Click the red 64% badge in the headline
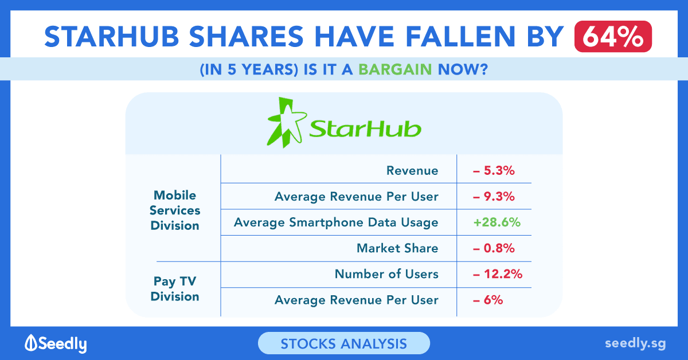click(613, 36)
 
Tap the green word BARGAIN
click(395, 69)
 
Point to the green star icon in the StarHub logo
click(287, 122)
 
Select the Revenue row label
click(412, 170)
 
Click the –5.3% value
click(494, 170)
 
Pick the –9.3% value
click(494, 196)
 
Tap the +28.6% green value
click(497, 222)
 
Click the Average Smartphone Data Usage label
click(336, 222)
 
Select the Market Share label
click(397, 248)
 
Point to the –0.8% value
click(494, 248)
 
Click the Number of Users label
click(386, 274)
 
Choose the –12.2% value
click(498, 274)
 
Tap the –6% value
click(488, 300)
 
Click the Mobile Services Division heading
click(175, 210)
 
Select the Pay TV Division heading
click(175, 289)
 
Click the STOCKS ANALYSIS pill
click(344, 343)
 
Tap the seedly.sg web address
click(635, 344)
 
